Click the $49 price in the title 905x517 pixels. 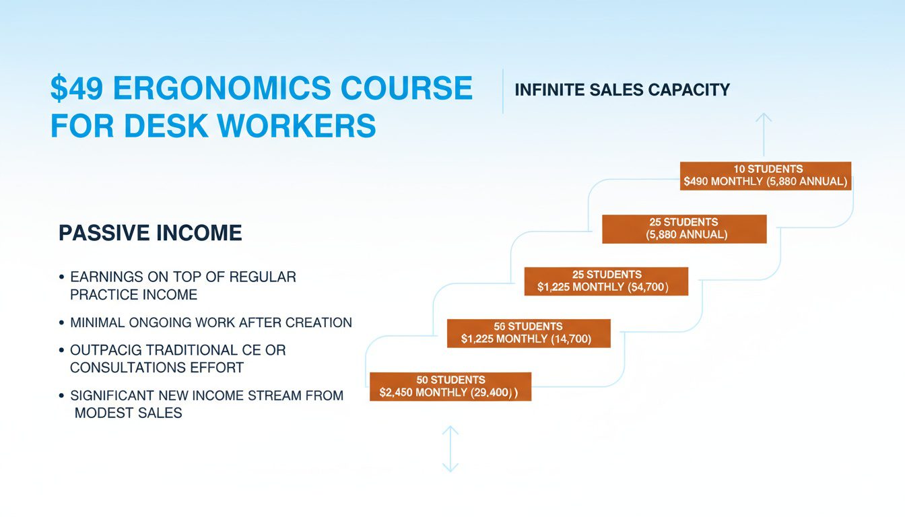tap(77, 88)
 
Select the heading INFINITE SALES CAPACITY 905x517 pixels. tap(622, 90)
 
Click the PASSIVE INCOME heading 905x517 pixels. tap(150, 233)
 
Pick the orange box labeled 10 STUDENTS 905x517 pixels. tap(766, 176)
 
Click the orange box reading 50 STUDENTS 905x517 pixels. tap(450, 386)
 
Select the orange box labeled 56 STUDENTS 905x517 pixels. tap(529, 333)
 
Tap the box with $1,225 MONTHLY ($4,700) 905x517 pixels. tap(606, 281)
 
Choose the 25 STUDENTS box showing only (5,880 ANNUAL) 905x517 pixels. tap(684, 229)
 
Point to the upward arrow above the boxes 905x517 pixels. tap(764, 135)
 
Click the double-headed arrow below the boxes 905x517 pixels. tap(450, 449)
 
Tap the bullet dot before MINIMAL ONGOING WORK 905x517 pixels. tap(61, 322)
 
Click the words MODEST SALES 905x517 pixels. tap(129, 413)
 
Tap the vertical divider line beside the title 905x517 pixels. tap(503, 91)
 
